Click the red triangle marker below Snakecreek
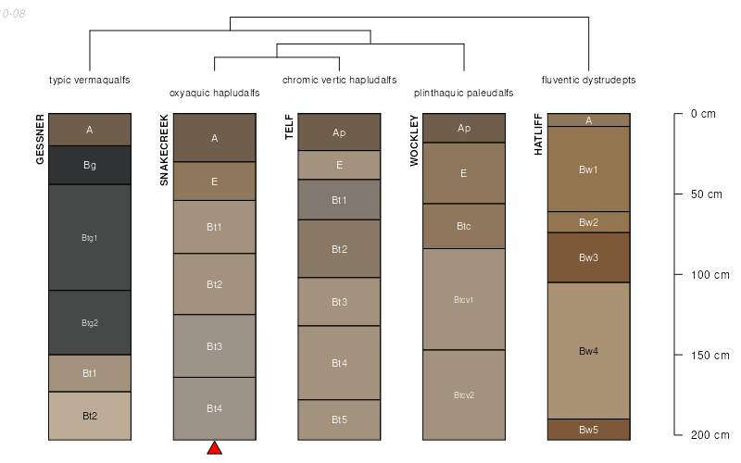pyautogui.click(x=214, y=448)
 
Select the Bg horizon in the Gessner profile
pyautogui.click(x=90, y=165)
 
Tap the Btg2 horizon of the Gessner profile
pyautogui.click(x=90, y=322)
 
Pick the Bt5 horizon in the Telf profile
pyautogui.click(x=339, y=419)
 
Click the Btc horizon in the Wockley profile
pyautogui.click(x=464, y=225)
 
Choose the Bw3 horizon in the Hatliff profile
pyautogui.click(x=588, y=257)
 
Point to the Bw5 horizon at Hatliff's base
pyautogui.click(x=588, y=430)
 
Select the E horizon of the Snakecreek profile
pyautogui.click(x=214, y=181)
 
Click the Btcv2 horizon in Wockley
pyautogui.click(x=464, y=394)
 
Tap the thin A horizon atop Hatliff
pyautogui.click(x=588, y=119)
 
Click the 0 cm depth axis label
pyautogui.click(x=703, y=114)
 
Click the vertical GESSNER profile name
pyautogui.click(x=40, y=139)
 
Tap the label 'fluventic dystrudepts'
pyautogui.click(x=588, y=80)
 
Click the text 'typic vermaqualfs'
pyautogui.click(x=90, y=80)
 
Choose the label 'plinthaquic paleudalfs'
pyautogui.click(x=464, y=93)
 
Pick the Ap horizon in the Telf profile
pyautogui.click(x=339, y=132)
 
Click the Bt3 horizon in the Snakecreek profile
pyautogui.click(x=214, y=346)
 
